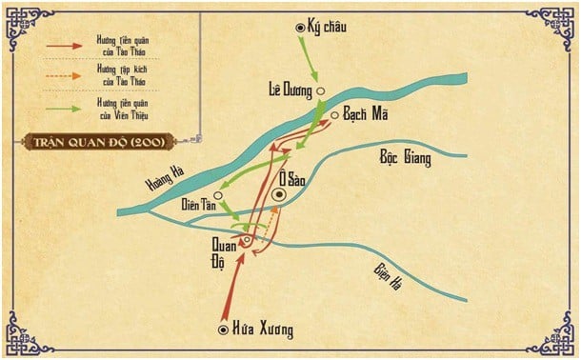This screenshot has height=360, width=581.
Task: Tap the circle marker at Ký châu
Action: (x=302, y=29)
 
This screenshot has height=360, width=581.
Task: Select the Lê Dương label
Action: (x=290, y=90)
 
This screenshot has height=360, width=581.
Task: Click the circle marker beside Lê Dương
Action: (x=322, y=92)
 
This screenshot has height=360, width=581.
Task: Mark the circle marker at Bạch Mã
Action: (x=335, y=115)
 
